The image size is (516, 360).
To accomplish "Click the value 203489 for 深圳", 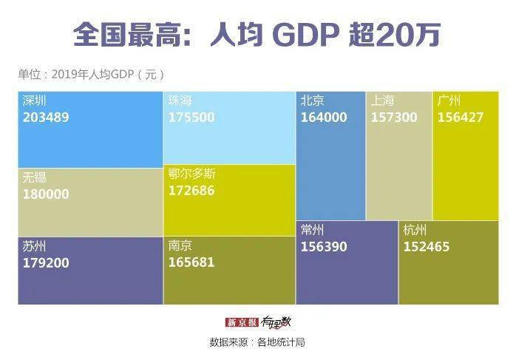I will coord(46,118).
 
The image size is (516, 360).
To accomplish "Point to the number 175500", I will coord(191,118).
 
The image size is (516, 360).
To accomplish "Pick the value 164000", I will coord(323,118).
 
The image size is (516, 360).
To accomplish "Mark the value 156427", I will coord(461,118).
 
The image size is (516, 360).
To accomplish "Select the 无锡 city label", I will coord(34,178).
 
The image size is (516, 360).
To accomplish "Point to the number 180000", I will coord(46,194).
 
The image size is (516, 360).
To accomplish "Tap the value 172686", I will coord(191,191).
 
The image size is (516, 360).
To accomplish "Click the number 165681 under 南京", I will coord(191,262).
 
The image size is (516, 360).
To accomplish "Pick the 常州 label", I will coord(312,231).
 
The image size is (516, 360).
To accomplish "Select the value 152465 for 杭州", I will coord(426,247).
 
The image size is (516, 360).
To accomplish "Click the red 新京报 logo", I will coord(242,323).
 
